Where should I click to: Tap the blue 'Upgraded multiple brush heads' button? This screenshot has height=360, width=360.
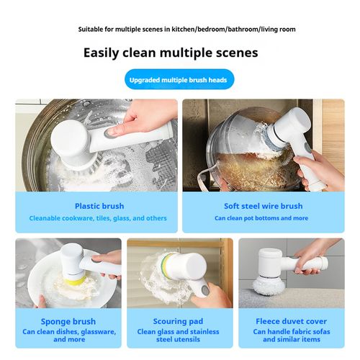[x=179, y=80]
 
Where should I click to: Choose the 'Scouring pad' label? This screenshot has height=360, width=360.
[x=179, y=321]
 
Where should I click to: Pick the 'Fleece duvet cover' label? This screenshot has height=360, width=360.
[x=291, y=321]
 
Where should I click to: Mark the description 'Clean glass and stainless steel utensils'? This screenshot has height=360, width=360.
[x=179, y=337]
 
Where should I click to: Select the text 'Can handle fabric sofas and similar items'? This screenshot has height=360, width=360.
[x=291, y=337]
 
